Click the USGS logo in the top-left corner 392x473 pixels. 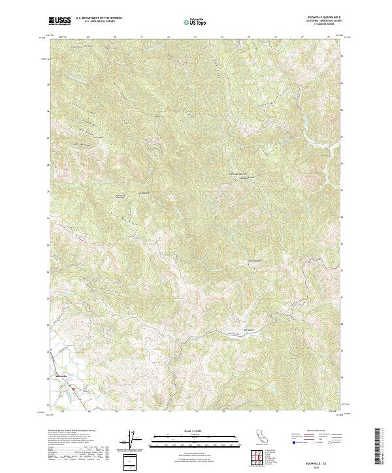59,21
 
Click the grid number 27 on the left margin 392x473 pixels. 47,138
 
